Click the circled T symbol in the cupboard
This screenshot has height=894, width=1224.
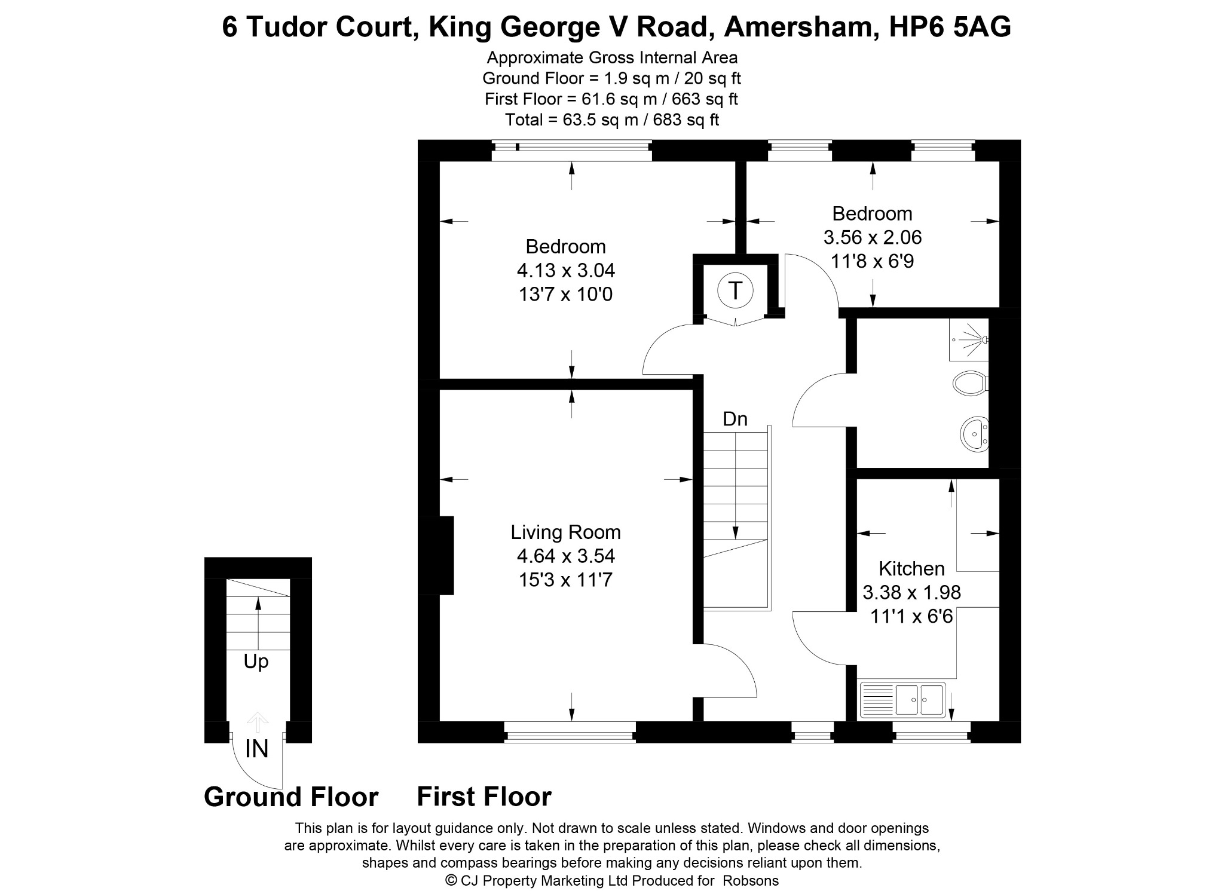(735, 292)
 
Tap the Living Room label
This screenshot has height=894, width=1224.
(565, 532)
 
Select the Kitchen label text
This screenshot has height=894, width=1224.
(911, 568)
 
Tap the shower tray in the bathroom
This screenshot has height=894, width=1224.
(969, 339)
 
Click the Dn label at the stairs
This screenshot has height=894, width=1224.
(735, 419)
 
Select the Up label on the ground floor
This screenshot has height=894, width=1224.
(256, 662)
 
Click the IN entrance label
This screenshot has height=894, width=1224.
(257, 749)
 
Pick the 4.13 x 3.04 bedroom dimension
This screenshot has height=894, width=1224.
(565, 271)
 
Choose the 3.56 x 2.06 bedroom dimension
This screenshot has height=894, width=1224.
(873, 237)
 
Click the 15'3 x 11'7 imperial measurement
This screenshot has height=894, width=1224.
(565, 580)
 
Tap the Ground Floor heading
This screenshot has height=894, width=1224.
(291, 797)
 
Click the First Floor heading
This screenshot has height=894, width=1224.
(484, 797)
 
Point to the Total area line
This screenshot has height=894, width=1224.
(612, 120)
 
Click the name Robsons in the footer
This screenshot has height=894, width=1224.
(751, 880)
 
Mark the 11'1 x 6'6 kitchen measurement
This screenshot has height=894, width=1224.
(911, 616)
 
